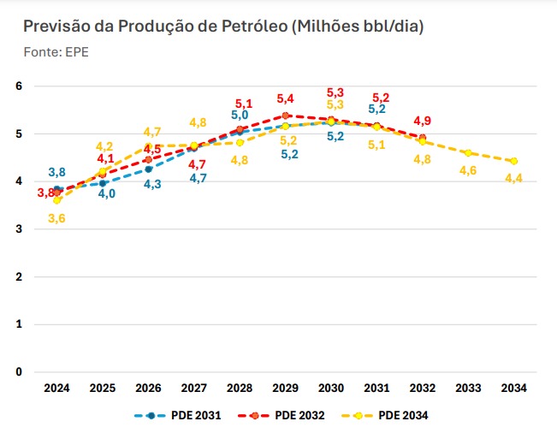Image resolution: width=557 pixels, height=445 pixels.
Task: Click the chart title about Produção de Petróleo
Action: (224, 27)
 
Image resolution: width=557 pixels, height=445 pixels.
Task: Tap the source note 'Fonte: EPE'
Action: (56, 51)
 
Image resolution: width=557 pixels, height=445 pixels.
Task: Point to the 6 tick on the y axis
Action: (19, 86)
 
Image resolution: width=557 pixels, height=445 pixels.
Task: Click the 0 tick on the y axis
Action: (19, 372)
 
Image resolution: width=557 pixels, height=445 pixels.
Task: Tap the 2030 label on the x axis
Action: (330, 388)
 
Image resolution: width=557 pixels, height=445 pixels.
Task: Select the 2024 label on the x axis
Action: (56, 388)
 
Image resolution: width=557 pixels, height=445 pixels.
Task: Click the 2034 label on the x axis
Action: (513, 388)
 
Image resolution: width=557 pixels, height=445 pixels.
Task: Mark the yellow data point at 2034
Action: (513, 161)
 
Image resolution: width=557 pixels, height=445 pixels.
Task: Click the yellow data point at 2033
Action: (467, 152)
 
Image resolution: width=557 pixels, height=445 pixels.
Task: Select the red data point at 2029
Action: (285, 115)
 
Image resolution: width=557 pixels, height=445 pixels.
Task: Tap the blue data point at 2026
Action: (148, 169)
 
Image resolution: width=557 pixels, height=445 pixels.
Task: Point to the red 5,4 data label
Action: (285, 98)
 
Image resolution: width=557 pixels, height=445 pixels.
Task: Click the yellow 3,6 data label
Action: (56, 218)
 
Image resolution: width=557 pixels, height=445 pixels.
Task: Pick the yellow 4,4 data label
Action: (513, 178)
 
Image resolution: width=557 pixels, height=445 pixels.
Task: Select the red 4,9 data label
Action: (422, 120)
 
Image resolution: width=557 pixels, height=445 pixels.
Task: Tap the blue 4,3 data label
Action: (153, 184)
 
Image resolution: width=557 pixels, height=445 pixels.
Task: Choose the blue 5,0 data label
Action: (240, 115)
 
